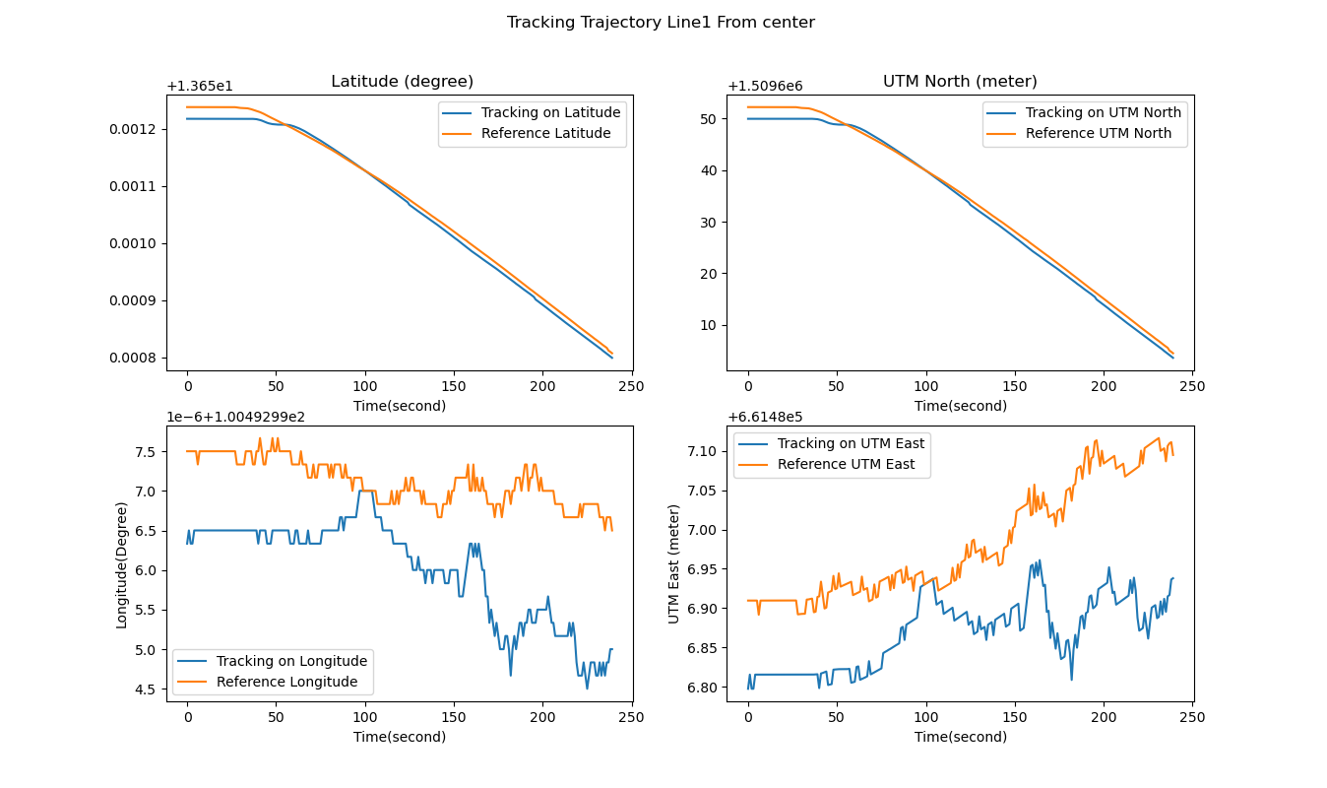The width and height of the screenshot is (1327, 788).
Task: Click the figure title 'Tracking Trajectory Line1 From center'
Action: pos(661,23)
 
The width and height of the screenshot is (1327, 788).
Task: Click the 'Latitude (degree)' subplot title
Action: pos(402,82)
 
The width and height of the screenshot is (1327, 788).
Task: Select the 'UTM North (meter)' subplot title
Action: pos(960,82)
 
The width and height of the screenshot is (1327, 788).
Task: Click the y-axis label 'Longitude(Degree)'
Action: pos(122,564)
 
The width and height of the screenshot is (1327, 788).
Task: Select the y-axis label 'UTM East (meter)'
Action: pos(674,563)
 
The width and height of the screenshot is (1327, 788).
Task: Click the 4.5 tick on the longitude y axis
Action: pos(146,689)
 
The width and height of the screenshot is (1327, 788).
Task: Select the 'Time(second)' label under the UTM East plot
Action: pos(960,737)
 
